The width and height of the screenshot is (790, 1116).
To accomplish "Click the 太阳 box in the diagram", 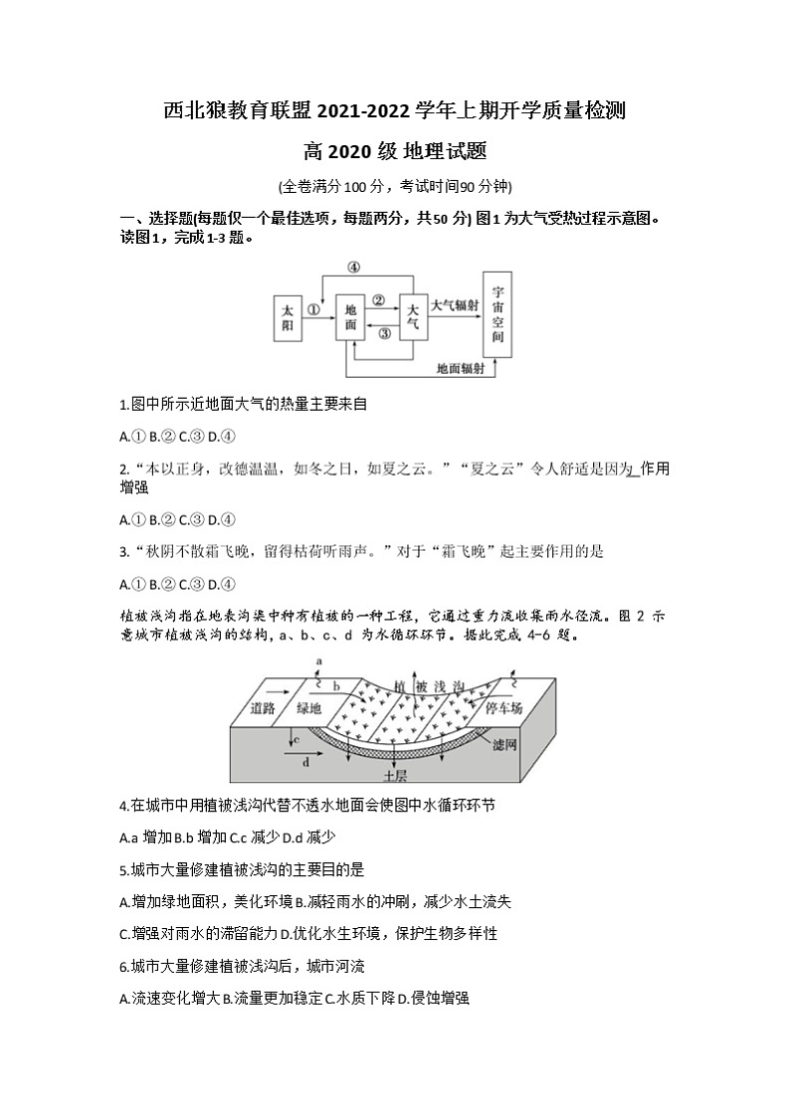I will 288,317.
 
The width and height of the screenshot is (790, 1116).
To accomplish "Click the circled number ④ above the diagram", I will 353,267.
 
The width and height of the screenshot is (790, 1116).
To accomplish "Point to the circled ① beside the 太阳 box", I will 314,309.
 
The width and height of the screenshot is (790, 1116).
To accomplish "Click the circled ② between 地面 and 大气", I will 379,299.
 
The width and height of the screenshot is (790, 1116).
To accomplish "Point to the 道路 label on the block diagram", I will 263,708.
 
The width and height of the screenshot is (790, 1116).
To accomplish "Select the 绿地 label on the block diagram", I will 309,708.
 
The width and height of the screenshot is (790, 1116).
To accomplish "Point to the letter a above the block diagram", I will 318,660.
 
